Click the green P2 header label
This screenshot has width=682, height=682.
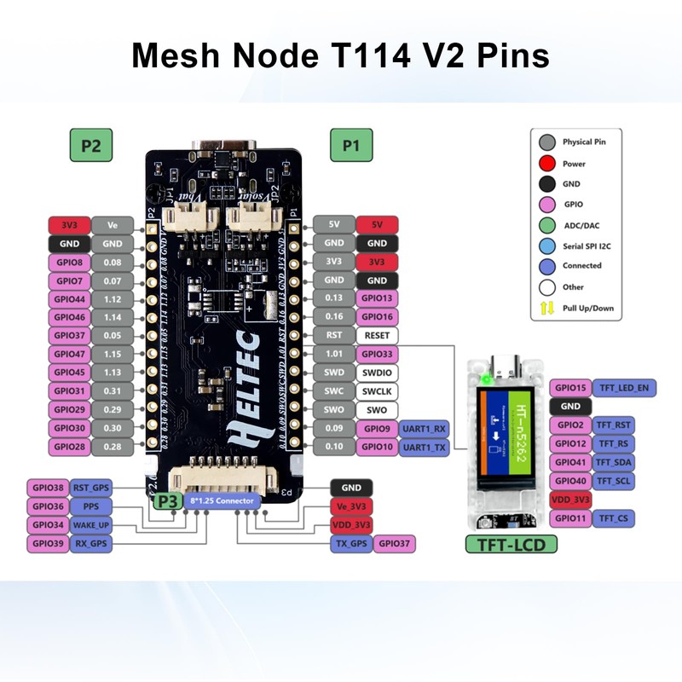[90, 146]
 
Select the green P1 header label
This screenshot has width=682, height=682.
[350, 146]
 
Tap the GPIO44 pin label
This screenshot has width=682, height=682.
[69, 298]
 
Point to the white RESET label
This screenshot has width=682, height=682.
[376, 335]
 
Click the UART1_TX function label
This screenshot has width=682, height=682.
[425, 446]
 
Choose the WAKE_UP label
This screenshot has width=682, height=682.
[90, 524]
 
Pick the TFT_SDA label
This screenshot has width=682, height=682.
[614, 462]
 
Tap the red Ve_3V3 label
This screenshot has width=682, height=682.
[351, 506]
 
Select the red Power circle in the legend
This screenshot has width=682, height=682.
[546, 163]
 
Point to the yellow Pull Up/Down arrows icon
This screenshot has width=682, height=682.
[546, 308]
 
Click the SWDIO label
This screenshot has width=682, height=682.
[376, 373]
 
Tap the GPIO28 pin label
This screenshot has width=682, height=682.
[69, 446]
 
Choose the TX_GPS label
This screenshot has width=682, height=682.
[351, 542]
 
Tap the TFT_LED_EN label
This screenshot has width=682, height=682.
[623, 388]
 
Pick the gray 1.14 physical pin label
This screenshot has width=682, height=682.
[113, 317]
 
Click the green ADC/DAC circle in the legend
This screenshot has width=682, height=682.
[546, 225]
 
